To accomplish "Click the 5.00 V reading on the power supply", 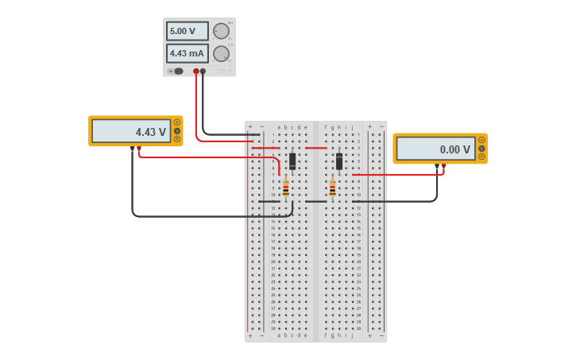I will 187,31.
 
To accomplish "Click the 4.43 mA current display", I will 187,53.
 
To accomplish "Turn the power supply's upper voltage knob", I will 221,31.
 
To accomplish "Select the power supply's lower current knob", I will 221,54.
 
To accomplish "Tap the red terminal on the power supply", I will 196,72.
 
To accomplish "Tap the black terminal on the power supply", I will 203,72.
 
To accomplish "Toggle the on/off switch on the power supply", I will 176,72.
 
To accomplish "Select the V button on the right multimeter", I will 481,148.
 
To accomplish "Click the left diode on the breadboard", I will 292,161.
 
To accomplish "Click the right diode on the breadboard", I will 339,161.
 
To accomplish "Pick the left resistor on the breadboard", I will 286,189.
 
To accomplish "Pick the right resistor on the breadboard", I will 332,188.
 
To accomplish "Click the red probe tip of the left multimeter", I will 139,149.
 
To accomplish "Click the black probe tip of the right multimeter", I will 437,166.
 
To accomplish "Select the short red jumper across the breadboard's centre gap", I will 315,148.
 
